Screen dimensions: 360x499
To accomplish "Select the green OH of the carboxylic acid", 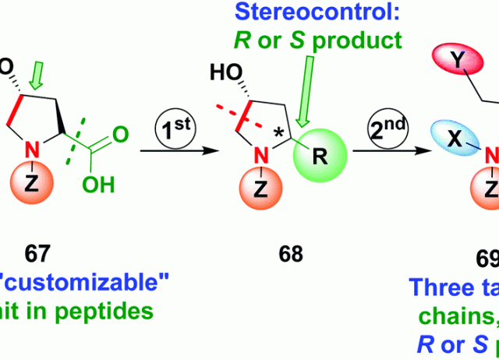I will click(107, 185).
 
